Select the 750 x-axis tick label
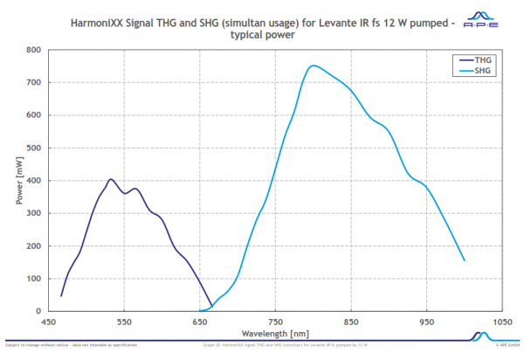pyautogui.click(x=275, y=321)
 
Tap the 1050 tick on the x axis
pyautogui.click(x=501, y=321)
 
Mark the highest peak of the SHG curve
pyautogui.click(x=313, y=66)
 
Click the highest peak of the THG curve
pyautogui.click(x=111, y=179)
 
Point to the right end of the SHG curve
pyautogui.click(x=464, y=260)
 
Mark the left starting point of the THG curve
pyautogui.click(x=61, y=296)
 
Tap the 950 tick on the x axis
pyautogui.click(x=426, y=321)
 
